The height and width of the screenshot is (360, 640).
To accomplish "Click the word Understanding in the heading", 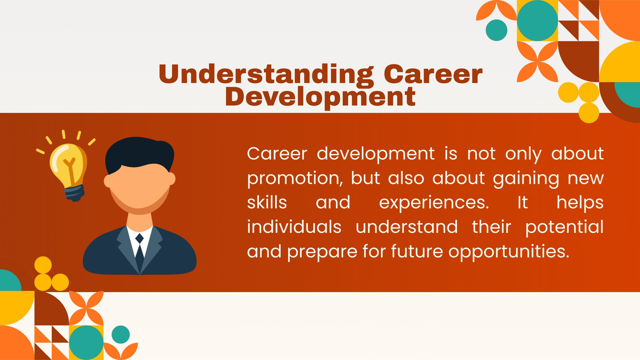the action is click(266, 75).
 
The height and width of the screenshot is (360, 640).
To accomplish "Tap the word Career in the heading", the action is click(433, 74).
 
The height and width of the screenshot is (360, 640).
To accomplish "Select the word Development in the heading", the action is click(320, 98).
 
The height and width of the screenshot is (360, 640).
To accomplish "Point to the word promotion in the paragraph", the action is click(294, 179).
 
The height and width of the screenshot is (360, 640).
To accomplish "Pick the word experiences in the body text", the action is click(434, 204).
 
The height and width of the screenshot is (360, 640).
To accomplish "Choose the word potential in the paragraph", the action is click(564, 228).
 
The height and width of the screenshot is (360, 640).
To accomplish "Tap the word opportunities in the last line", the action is click(509, 252).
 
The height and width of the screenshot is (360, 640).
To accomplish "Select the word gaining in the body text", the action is click(526, 179).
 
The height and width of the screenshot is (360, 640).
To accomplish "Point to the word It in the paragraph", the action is click(523, 202).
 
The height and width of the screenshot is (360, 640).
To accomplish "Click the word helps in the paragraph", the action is click(580, 203).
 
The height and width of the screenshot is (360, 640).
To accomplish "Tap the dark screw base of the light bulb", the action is click(74, 193).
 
